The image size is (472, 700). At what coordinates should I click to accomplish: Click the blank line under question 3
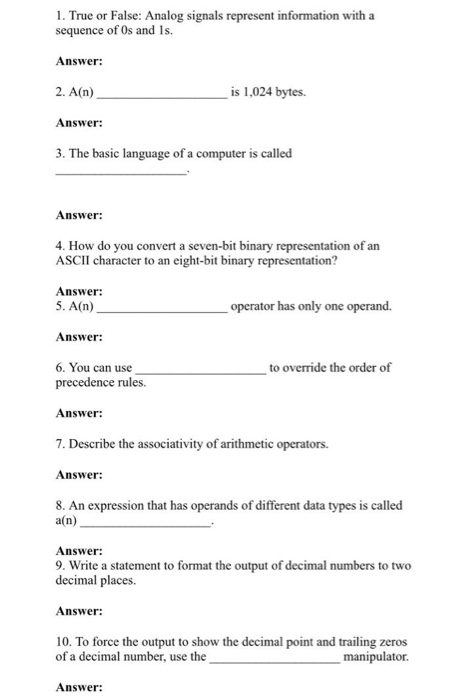[121, 174]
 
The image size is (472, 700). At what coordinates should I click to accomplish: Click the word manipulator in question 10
[374, 658]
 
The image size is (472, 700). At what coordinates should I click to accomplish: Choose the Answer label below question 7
[80, 475]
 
